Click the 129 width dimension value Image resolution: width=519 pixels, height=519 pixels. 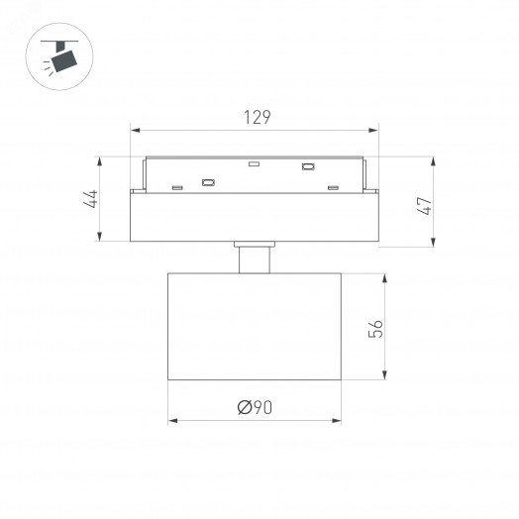[257, 117]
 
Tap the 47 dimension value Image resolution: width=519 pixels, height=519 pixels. [427, 207]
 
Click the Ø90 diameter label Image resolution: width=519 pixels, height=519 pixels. [256, 406]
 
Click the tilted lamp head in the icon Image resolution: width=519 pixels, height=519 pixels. [65, 61]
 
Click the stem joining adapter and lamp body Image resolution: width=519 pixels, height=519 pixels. [256, 258]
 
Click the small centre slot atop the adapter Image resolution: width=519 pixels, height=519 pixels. [254, 163]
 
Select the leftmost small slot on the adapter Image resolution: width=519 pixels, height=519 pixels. [176, 186]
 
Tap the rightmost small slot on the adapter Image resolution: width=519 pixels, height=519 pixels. [334, 186]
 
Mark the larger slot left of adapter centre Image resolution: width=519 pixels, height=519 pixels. [209, 181]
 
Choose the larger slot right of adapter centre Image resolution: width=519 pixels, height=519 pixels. [308, 166]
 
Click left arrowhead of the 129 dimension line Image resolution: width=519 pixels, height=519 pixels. [136, 129]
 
